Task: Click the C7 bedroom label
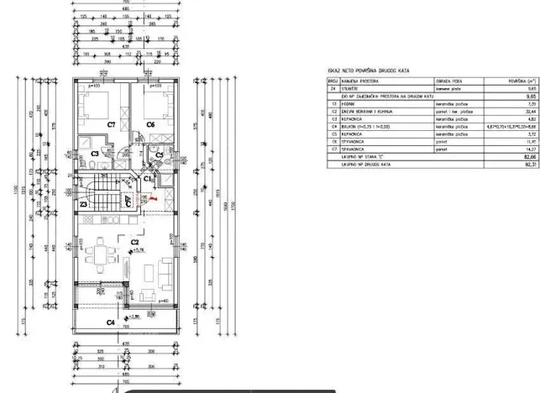pos(110,124)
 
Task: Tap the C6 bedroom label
pos(151,124)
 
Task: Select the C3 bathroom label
pos(95,155)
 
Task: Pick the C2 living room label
pos(134,242)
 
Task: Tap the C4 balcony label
pos(110,322)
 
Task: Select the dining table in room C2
pos(102,253)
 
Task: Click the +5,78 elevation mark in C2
pos(139,250)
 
